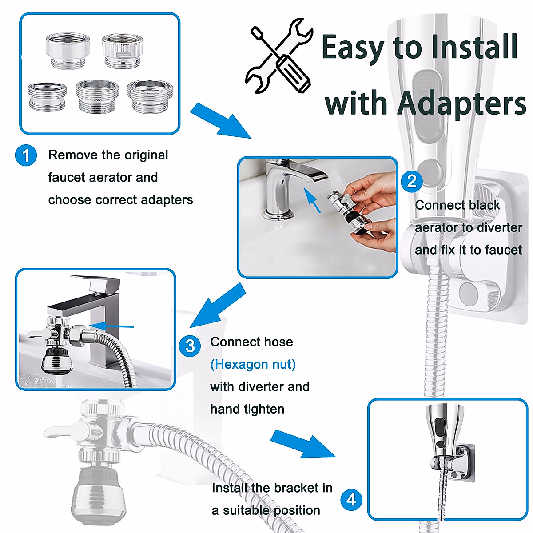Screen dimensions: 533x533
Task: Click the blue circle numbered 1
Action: point(26,155)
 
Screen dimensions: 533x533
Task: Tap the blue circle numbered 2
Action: point(412,182)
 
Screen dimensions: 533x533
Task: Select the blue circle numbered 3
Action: point(190,346)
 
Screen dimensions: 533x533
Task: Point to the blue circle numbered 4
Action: point(351,500)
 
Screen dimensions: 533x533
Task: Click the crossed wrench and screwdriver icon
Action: point(279,56)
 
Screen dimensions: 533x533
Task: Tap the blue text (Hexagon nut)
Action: point(253,365)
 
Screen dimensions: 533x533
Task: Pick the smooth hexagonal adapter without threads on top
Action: point(68,51)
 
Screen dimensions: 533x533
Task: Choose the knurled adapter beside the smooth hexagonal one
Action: point(123,51)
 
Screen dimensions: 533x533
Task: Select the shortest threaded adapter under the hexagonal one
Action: point(47,96)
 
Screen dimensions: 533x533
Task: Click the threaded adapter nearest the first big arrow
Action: point(150,96)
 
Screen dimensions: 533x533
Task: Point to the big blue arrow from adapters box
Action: point(220,121)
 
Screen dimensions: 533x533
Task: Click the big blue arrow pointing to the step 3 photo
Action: point(217,306)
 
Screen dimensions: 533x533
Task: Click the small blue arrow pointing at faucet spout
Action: point(312,200)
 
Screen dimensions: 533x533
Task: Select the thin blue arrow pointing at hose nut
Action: point(111,326)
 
